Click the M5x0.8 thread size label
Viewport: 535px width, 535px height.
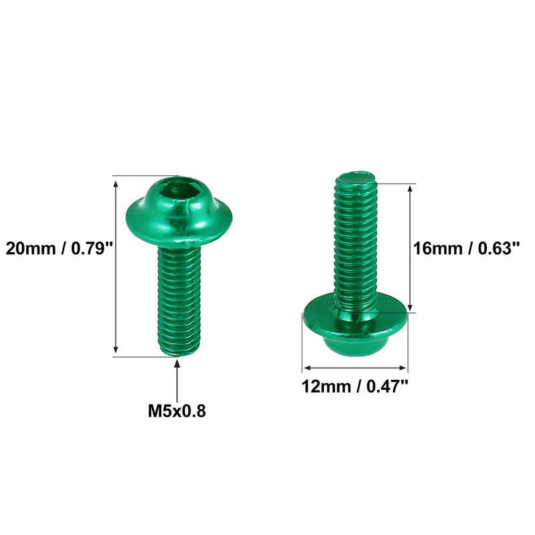177,410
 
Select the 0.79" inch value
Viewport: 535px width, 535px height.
90,249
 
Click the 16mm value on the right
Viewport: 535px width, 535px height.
436,249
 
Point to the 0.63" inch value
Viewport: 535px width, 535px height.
496,249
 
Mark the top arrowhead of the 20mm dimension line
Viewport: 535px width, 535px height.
116,181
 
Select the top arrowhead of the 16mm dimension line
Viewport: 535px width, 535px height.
411,189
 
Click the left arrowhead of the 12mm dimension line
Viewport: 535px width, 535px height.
306,367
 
